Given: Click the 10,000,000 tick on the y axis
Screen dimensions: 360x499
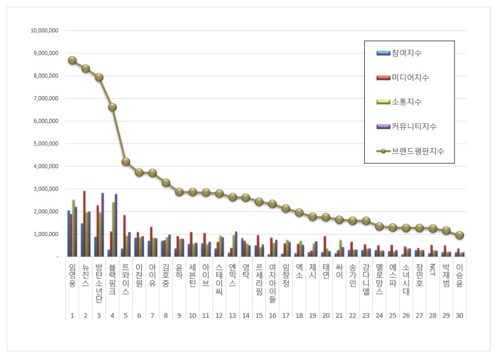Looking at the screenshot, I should [44, 30].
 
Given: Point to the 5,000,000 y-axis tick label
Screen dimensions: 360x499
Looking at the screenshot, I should [45, 144].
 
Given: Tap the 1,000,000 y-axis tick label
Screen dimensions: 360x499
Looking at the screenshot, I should [45, 234].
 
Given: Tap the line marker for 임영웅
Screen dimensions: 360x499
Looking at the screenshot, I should [72, 60].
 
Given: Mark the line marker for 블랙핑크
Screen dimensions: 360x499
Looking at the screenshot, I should [113, 107].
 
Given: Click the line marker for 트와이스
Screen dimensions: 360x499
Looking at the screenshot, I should [126, 162].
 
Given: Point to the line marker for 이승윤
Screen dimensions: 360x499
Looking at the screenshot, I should [460, 235].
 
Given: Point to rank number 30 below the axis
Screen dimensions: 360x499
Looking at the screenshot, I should [460, 315].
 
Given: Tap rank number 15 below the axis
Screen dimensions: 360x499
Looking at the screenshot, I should [259, 315].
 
